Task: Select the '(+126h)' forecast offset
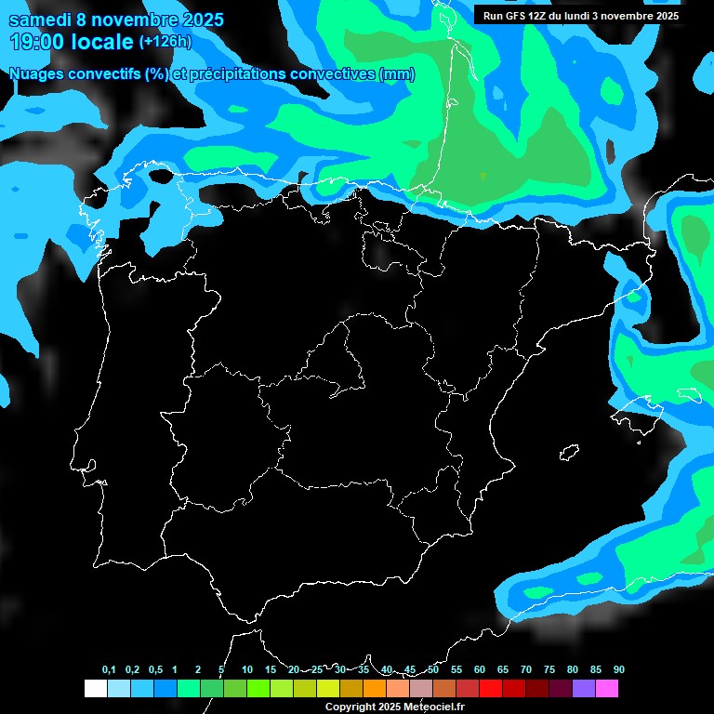click(x=165, y=42)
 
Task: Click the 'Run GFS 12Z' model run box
click(x=580, y=16)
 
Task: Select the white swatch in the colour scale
click(x=95, y=688)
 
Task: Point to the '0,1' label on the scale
click(x=109, y=670)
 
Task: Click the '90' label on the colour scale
click(x=618, y=670)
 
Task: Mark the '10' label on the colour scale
click(x=247, y=670)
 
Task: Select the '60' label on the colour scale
click(x=480, y=670)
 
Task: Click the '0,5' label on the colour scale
click(x=155, y=670)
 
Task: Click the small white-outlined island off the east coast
click(x=569, y=454)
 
